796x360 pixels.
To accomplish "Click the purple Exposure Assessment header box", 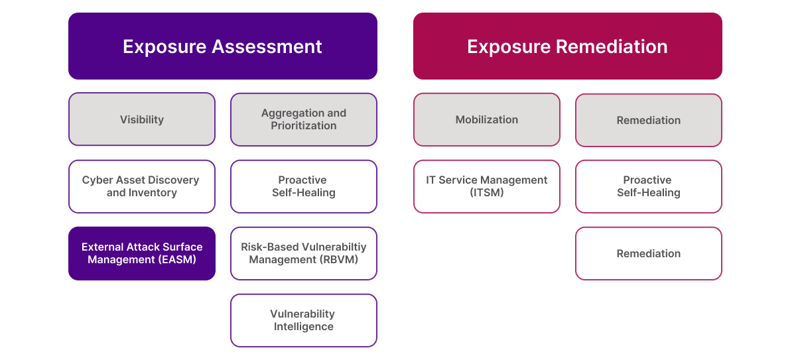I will [222, 46].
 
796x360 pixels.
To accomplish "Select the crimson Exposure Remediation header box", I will [567, 46].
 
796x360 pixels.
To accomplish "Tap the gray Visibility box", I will [142, 119].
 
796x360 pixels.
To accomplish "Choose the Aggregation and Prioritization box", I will [304, 119].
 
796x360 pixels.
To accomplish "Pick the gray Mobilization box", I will [487, 119].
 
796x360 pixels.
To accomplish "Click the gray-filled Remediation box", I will [649, 120].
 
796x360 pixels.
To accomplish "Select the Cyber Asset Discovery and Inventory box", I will [142, 186].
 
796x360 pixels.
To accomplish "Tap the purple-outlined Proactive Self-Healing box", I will [304, 186].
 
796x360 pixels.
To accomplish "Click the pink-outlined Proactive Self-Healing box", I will [649, 186].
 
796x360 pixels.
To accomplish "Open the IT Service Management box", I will [487, 186].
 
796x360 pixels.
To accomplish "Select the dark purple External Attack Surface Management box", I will [142, 253].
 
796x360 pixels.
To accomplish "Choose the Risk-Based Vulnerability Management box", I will [304, 253].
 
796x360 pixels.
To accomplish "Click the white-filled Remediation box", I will [649, 253].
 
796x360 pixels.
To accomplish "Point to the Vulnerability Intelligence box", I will [304, 320].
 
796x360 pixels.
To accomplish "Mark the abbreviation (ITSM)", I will [487, 193].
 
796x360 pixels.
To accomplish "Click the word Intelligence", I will [304, 327].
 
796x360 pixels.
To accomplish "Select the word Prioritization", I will [304, 126].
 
